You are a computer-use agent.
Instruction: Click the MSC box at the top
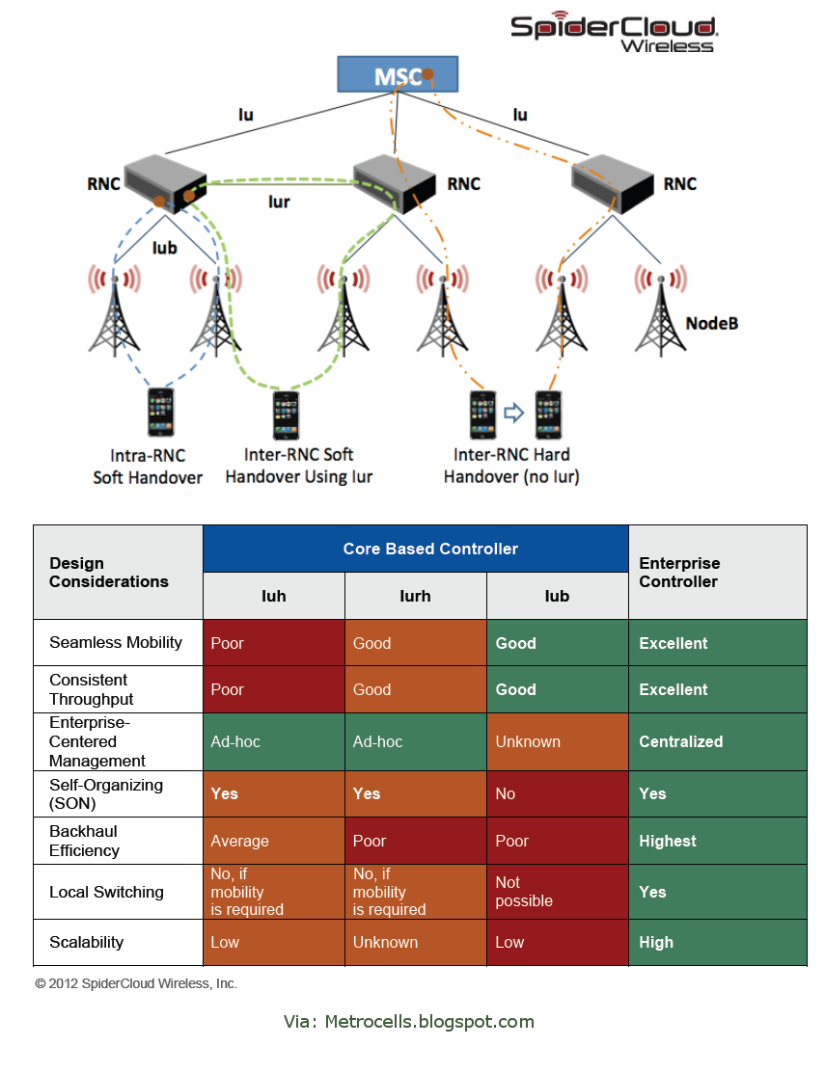click(397, 75)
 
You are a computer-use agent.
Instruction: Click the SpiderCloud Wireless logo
click(613, 33)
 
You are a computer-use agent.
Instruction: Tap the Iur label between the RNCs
click(279, 202)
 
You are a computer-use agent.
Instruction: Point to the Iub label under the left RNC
click(165, 248)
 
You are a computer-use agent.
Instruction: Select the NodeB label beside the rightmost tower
click(712, 323)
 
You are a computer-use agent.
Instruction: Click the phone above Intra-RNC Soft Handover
click(160, 414)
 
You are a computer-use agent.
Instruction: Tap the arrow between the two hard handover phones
click(513, 414)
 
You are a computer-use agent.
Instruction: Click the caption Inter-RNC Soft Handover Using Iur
click(298, 466)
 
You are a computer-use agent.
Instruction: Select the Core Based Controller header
click(430, 549)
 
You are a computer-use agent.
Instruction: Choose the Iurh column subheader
click(415, 596)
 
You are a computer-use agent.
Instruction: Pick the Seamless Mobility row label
click(116, 643)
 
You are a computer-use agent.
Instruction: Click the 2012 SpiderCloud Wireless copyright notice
click(136, 984)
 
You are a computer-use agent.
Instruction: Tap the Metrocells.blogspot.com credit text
click(409, 1022)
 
